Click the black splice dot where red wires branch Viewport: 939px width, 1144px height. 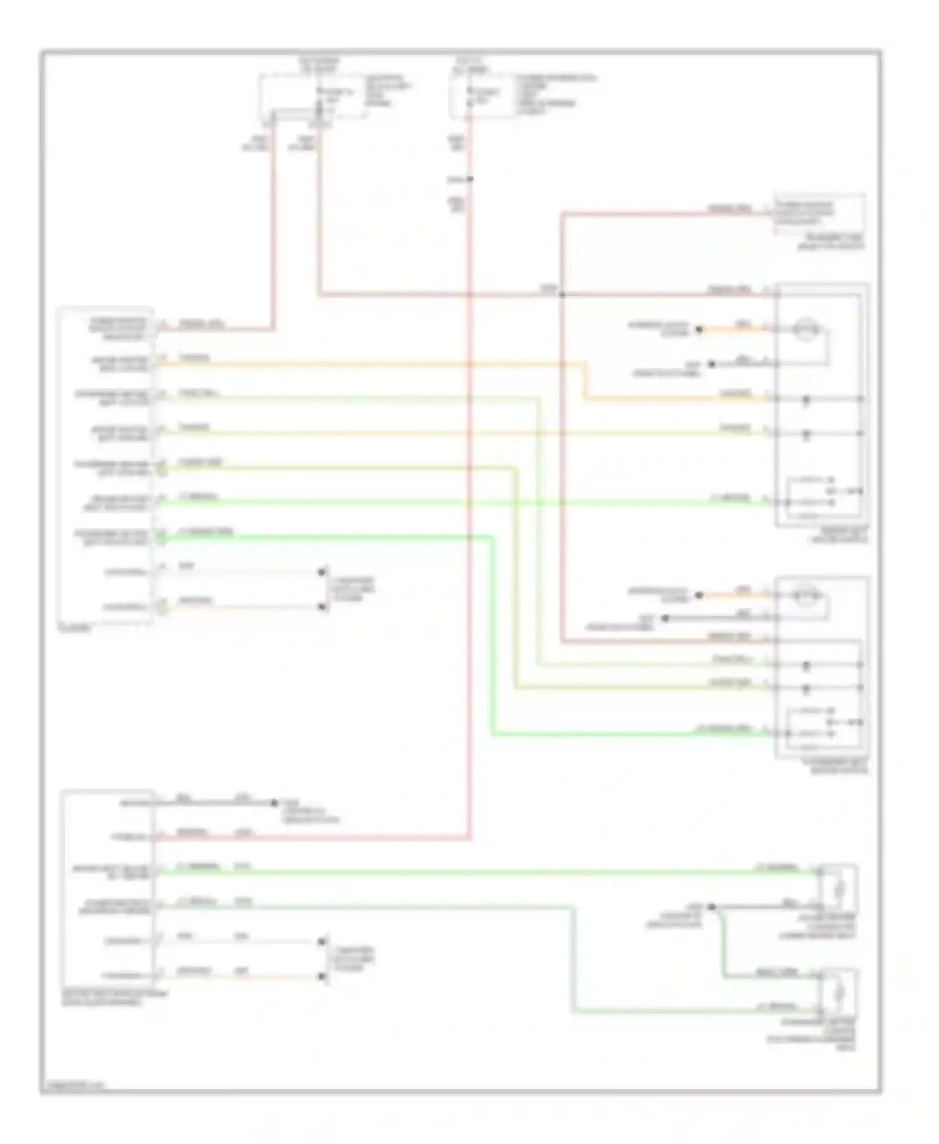(562, 294)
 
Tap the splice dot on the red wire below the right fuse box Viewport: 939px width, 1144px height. (470, 180)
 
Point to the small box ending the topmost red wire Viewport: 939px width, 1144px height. (819, 214)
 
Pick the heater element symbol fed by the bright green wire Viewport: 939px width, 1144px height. (839, 887)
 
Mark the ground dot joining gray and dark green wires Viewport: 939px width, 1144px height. (711, 907)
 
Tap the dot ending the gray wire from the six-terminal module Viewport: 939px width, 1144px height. (274, 803)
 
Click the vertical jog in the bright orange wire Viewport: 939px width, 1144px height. (585, 380)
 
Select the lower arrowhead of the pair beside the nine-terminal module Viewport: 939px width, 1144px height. (322, 606)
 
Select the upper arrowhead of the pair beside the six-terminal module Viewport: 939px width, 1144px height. (322, 941)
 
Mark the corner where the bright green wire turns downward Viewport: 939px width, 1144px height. (492, 537)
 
